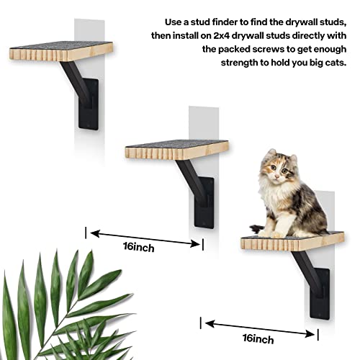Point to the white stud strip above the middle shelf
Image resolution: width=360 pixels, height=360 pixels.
click(x=203, y=122)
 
